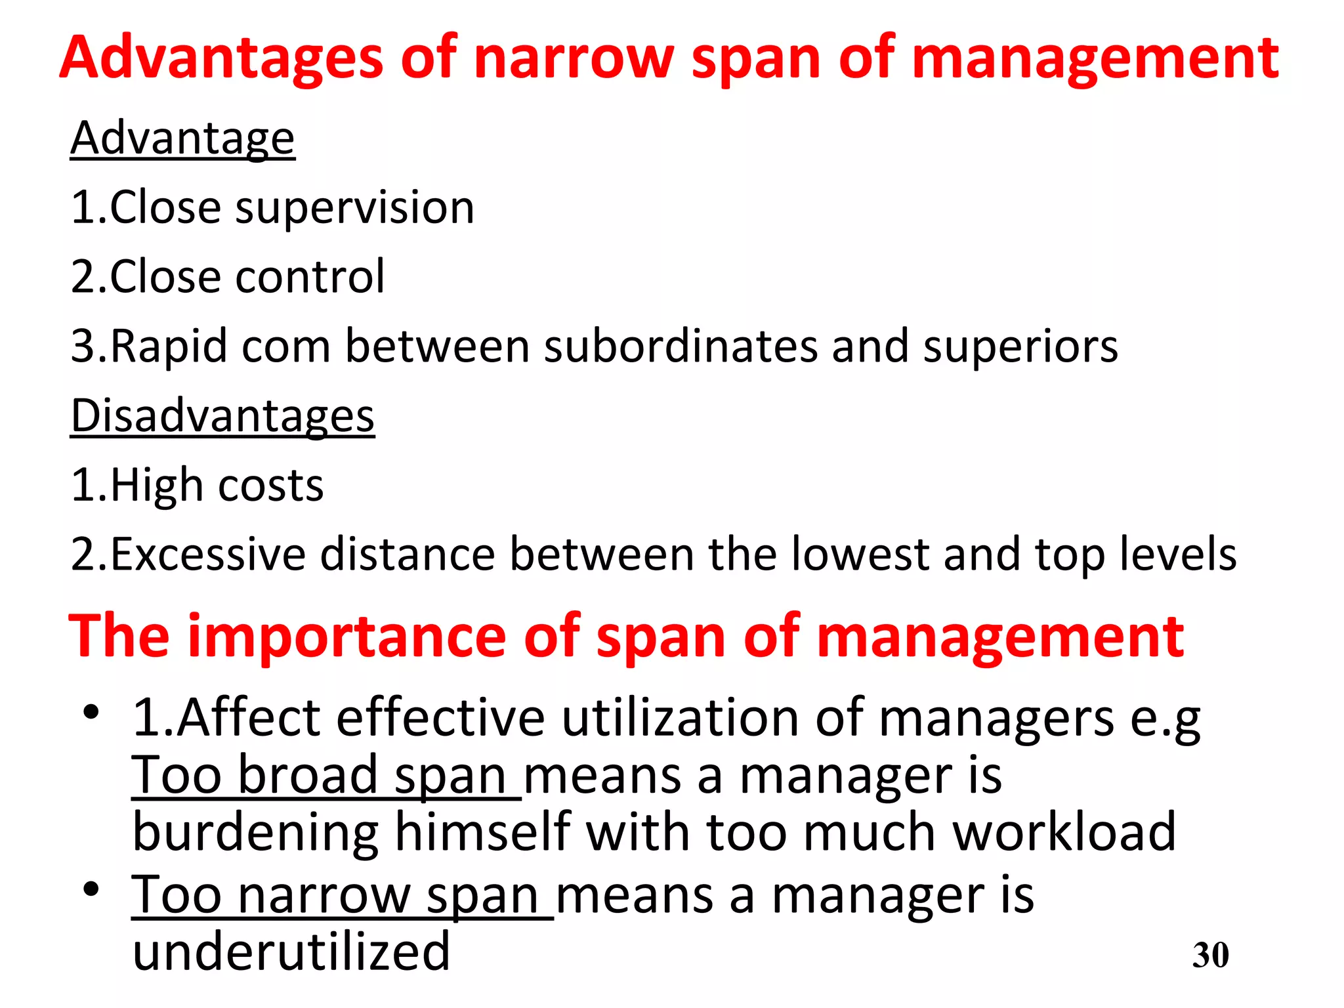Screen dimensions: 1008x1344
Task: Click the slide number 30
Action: pos(1210,955)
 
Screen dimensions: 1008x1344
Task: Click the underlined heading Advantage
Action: pos(182,138)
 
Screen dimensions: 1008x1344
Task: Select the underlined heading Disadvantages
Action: pos(222,416)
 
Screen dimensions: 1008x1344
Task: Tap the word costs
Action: pos(270,486)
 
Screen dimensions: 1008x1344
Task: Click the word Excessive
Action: pos(208,555)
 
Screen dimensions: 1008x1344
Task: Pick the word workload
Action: pos(1064,832)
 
